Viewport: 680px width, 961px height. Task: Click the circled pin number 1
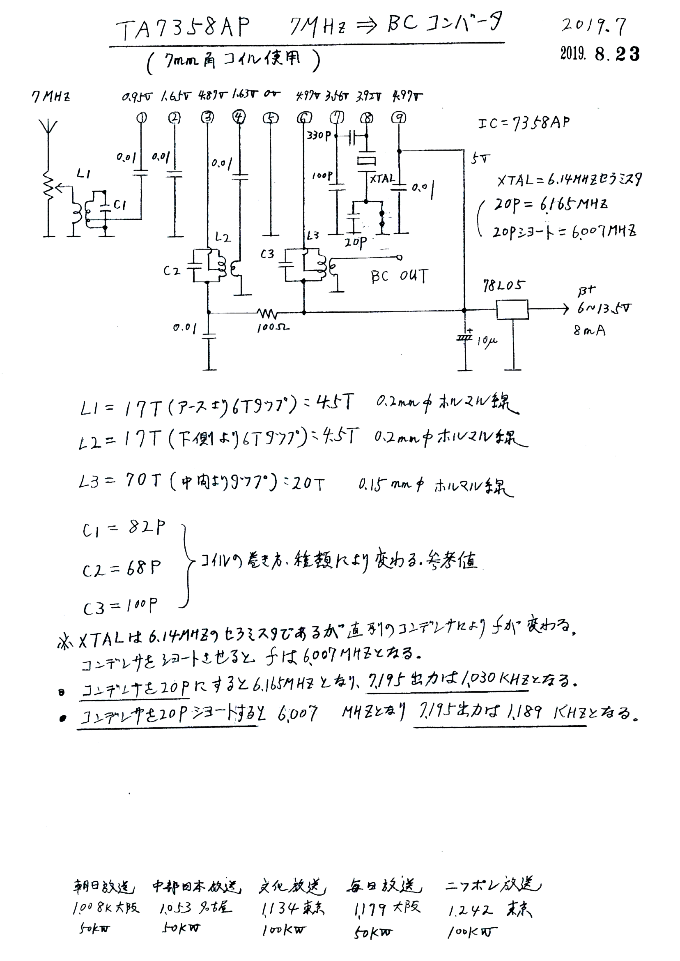coord(142,118)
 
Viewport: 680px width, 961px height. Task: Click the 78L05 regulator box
coord(512,309)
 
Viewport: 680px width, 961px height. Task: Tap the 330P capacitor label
coord(319,135)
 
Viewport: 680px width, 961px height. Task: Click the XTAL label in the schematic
coord(382,179)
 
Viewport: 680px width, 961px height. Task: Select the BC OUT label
coord(399,277)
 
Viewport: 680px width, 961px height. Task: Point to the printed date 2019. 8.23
coord(600,54)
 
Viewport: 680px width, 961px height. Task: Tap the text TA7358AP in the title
coord(183,28)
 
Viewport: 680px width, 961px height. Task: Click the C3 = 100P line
coord(120,606)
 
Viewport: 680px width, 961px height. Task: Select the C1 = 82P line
coord(124,529)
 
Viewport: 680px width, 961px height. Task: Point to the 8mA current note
coord(589,330)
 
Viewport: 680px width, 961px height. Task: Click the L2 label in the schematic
coord(223,237)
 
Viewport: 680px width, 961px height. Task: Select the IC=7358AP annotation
coord(524,123)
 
